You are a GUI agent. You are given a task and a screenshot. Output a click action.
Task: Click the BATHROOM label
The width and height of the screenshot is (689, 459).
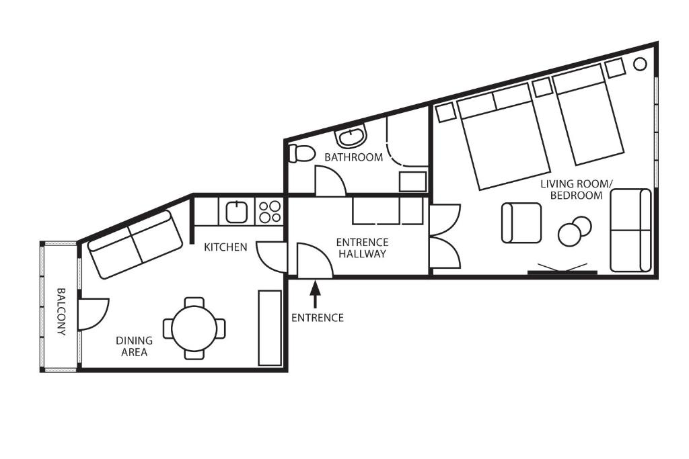[354, 157]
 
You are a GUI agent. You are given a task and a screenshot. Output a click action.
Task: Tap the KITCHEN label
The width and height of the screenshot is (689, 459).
[225, 247]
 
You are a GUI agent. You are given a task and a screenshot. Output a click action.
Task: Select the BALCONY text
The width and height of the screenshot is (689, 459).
[61, 312]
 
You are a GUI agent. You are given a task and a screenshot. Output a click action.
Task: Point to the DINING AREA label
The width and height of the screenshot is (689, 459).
[134, 346]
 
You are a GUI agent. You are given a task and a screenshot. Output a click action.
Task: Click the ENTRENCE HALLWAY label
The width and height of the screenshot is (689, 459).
[362, 248]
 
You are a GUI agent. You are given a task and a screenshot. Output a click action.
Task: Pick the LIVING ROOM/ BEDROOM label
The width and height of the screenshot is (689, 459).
[576, 190]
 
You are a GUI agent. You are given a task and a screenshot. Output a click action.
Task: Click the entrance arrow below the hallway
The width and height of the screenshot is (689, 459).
[315, 295]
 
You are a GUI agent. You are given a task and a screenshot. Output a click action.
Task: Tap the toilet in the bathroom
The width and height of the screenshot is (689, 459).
[301, 154]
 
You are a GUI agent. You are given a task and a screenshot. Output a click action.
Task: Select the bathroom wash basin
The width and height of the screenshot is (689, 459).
[351, 136]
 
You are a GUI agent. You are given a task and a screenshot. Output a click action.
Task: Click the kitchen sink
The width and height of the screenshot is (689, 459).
[237, 212]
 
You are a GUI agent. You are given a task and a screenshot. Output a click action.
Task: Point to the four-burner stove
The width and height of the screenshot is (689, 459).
[270, 212]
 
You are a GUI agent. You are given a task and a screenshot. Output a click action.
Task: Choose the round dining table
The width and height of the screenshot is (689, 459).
[194, 328]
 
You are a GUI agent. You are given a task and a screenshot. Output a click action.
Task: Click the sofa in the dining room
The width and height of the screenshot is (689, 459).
[135, 245]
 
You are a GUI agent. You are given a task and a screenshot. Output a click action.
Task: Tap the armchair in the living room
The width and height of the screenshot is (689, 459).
[521, 223]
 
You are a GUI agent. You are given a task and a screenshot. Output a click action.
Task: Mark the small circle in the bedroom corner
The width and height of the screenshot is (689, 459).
[640, 64]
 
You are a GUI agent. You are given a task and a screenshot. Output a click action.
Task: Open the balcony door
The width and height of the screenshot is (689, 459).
[93, 315]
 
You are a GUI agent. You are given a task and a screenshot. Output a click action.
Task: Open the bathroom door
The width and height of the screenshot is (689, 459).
[330, 180]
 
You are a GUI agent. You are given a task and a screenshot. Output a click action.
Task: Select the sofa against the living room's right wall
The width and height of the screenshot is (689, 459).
[630, 231]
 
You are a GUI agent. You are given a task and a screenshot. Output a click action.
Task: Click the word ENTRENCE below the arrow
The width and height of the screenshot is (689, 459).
[318, 318]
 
